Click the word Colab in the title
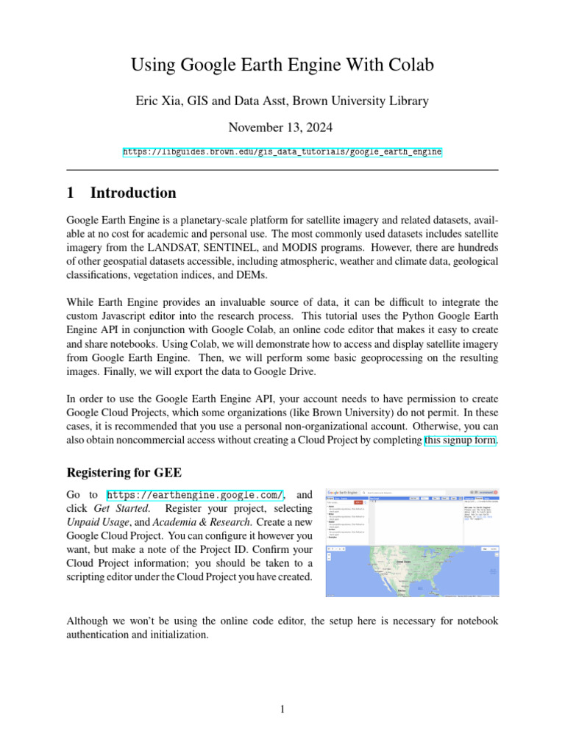(408, 65)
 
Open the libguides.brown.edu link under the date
(282, 151)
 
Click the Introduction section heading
(132, 193)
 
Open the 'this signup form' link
(461, 440)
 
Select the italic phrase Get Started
(122, 509)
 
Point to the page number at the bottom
(282, 709)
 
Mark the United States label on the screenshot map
(403, 560)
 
